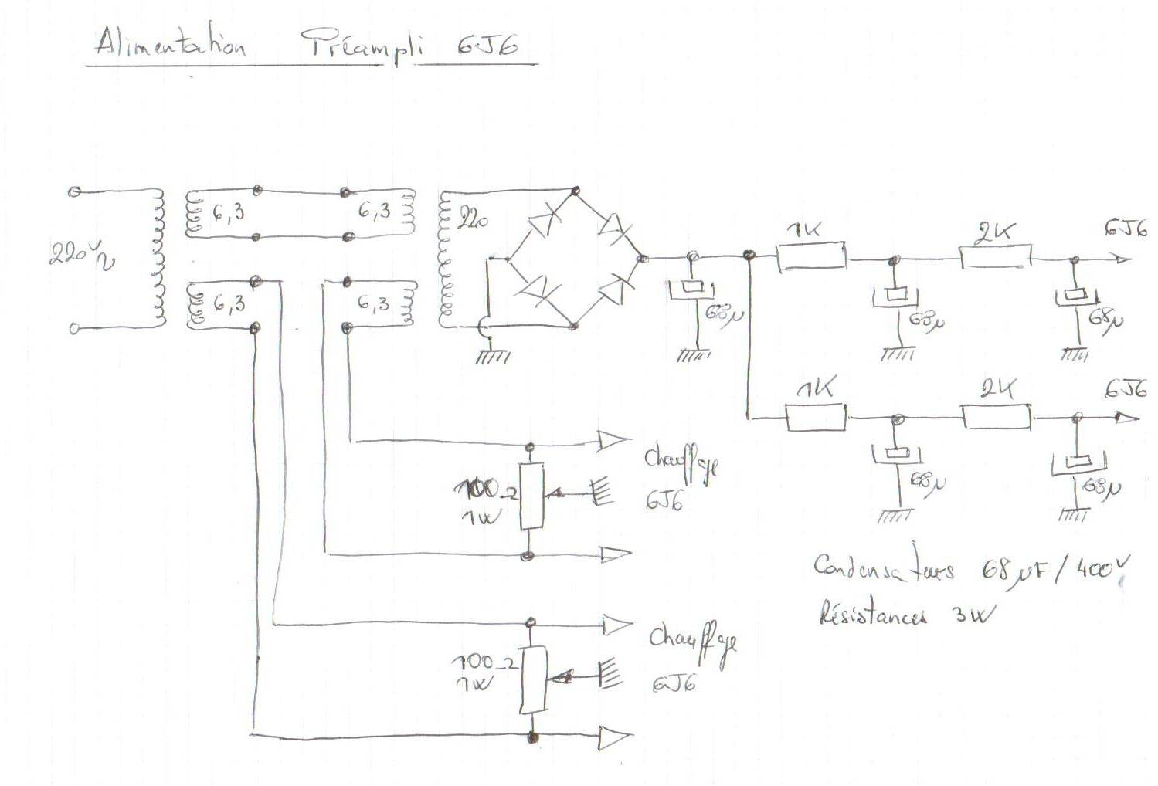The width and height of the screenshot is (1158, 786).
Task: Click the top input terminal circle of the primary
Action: (x=75, y=191)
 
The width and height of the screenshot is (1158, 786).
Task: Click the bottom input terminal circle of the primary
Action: (x=75, y=328)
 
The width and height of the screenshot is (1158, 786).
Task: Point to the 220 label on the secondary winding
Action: (x=473, y=219)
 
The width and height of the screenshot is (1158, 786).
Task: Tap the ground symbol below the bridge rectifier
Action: (x=493, y=357)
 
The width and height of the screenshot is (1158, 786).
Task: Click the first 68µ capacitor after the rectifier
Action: (x=691, y=290)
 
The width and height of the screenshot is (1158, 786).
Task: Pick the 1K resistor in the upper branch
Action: (x=811, y=257)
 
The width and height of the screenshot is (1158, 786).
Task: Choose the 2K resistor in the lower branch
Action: (x=997, y=418)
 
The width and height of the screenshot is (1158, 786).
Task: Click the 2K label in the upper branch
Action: (x=995, y=232)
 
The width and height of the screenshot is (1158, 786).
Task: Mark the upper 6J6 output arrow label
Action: (x=1126, y=229)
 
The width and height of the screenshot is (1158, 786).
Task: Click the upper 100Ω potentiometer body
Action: (x=531, y=496)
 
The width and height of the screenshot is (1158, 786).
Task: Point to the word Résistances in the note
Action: (x=872, y=615)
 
